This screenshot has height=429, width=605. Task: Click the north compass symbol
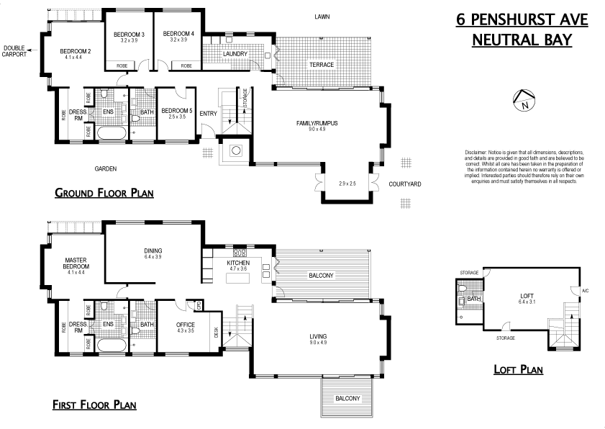pyautogui.click(x=524, y=101)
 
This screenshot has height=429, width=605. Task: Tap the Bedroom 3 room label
pyautogui.click(x=129, y=35)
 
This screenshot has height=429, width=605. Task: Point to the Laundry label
pyautogui.click(x=235, y=54)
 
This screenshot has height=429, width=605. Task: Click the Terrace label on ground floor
pyautogui.click(x=322, y=65)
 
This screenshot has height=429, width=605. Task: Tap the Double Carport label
pyautogui.click(x=14, y=51)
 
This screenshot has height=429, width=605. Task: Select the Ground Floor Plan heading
pyautogui.click(x=104, y=193)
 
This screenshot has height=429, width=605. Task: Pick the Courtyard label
pyautogui.click(x=404, y=184)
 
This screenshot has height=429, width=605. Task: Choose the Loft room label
pyautogui.click(x=528, y=296)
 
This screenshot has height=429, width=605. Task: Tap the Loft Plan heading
pyautogui.click(x=518, y=370)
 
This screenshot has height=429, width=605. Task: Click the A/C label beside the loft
pyautogui.click(x=585, y=291)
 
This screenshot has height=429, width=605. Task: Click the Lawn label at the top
pyautogui.click(x=322, y=17)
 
